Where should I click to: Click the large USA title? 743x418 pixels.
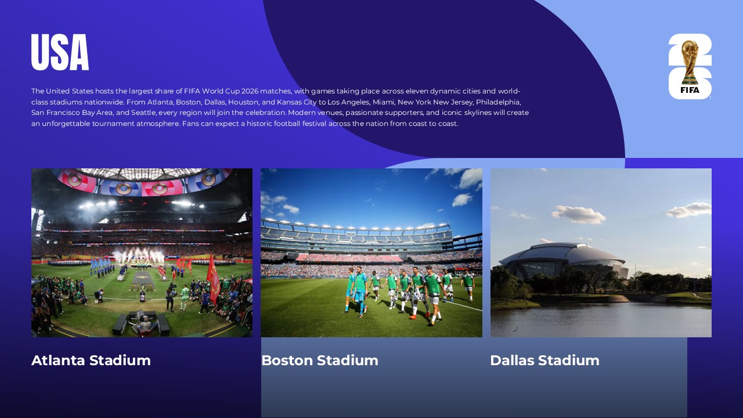point(60,52)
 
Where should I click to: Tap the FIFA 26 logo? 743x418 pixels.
point(690,66)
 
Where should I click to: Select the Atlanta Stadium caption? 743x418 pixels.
point(91,361)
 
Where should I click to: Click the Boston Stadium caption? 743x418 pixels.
point(320,361)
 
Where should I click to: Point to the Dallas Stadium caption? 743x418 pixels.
point(544,361)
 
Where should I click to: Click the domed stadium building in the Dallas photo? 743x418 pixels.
point(562,260)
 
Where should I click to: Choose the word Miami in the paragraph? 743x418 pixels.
point(383,102)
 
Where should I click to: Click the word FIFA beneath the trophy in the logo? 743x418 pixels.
point(690,90)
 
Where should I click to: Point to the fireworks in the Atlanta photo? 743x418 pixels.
point(139,255)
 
